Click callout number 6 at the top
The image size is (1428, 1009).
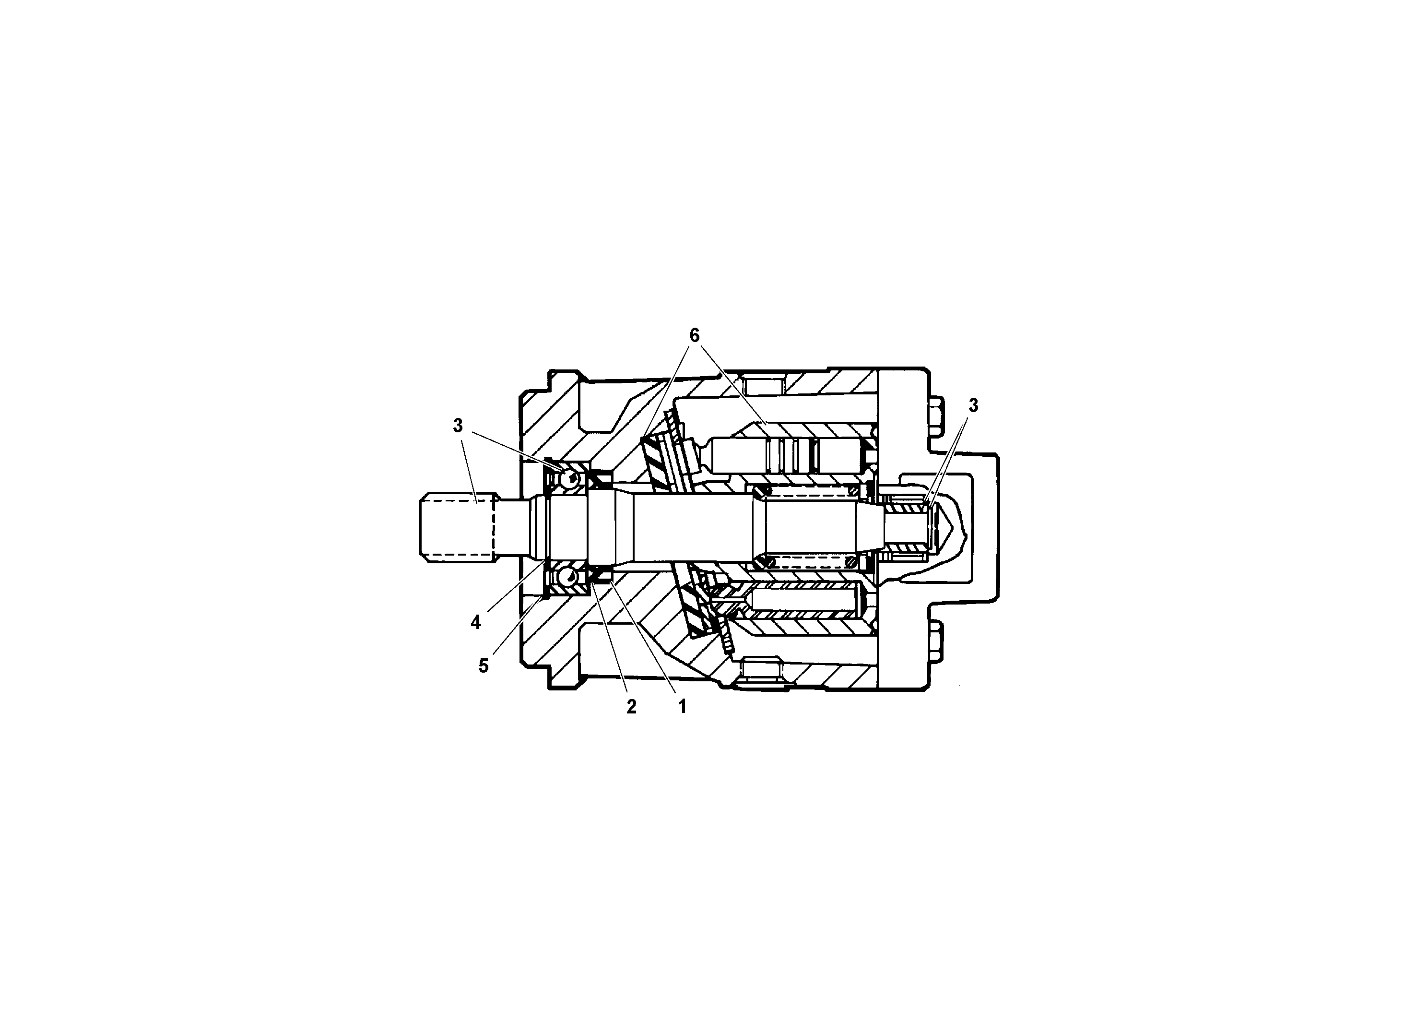tap(694, 335)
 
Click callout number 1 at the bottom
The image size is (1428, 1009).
tap(682, 706)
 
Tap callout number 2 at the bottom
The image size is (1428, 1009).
tap(631, 707)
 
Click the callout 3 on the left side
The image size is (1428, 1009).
tap(458, 426)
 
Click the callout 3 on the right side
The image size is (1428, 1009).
tap(973, 405)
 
